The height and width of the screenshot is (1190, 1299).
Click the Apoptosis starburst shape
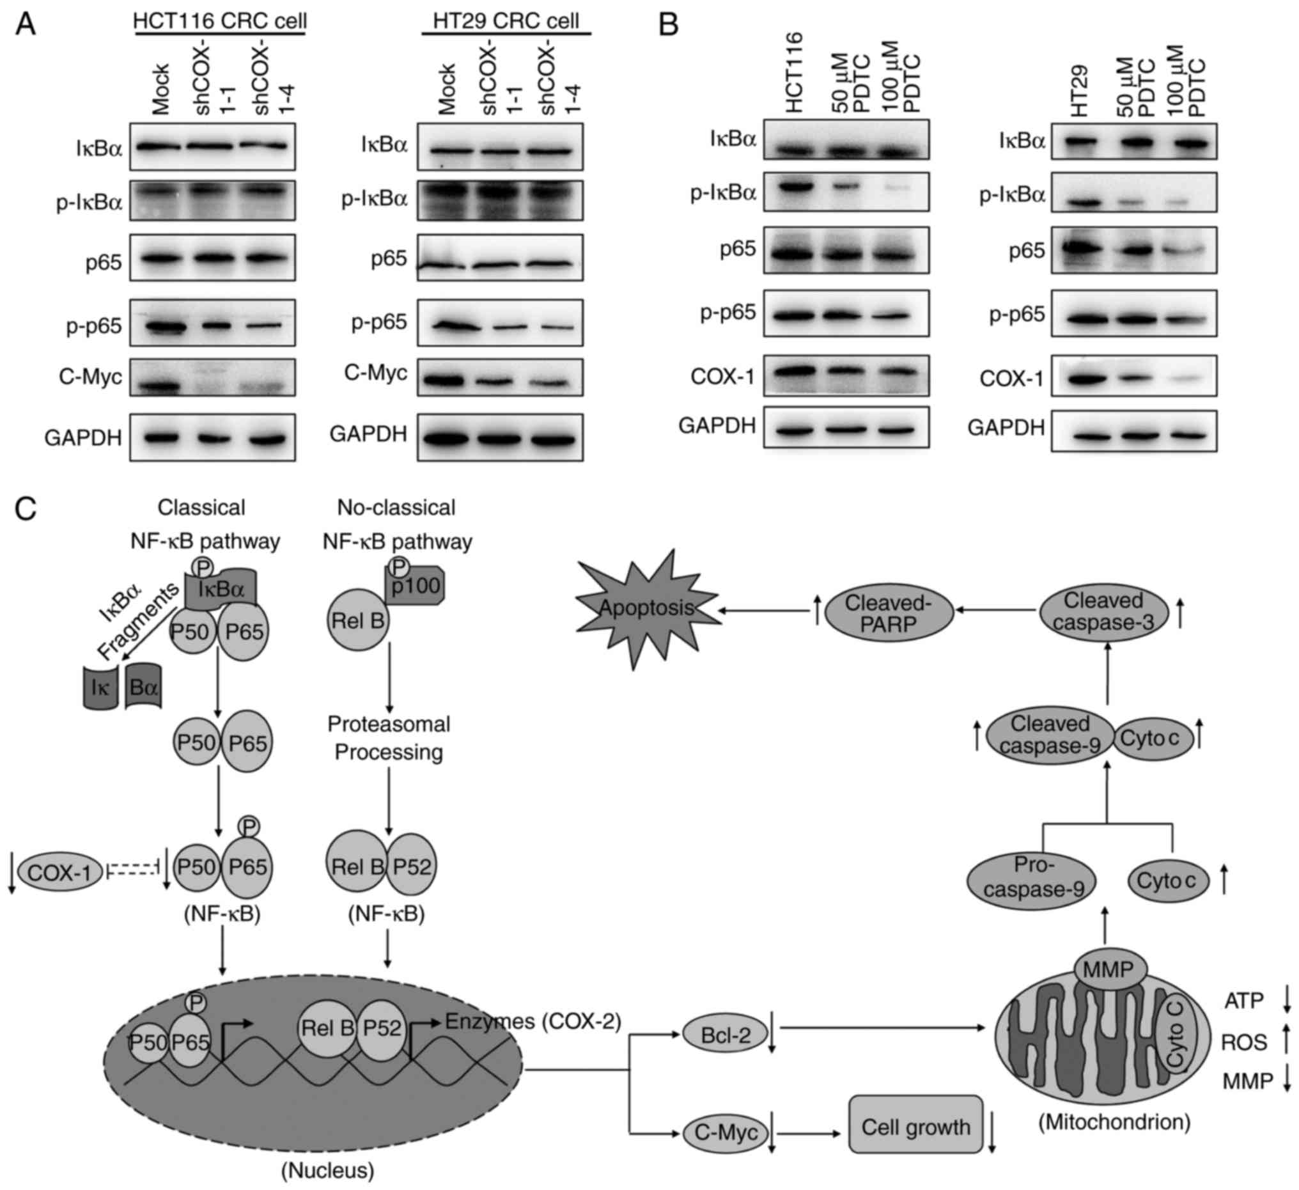[x=646, y=608]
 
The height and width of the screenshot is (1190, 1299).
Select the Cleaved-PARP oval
[x=889, y=614]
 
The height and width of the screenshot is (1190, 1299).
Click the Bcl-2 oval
[x=726, y=1035]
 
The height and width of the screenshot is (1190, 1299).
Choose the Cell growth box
[x=915, y=1126]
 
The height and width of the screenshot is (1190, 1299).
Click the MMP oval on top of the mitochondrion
[x=1109, y=987]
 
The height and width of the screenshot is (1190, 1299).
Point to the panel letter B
[x=669, y=24]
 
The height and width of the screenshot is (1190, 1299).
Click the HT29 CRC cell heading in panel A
[x=506, y=21]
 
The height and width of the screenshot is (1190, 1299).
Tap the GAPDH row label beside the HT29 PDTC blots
[x=1006, y=428]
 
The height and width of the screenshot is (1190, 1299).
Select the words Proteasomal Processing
[x=389, y=738]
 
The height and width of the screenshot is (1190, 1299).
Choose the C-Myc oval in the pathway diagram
[x=725, y=1132]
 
